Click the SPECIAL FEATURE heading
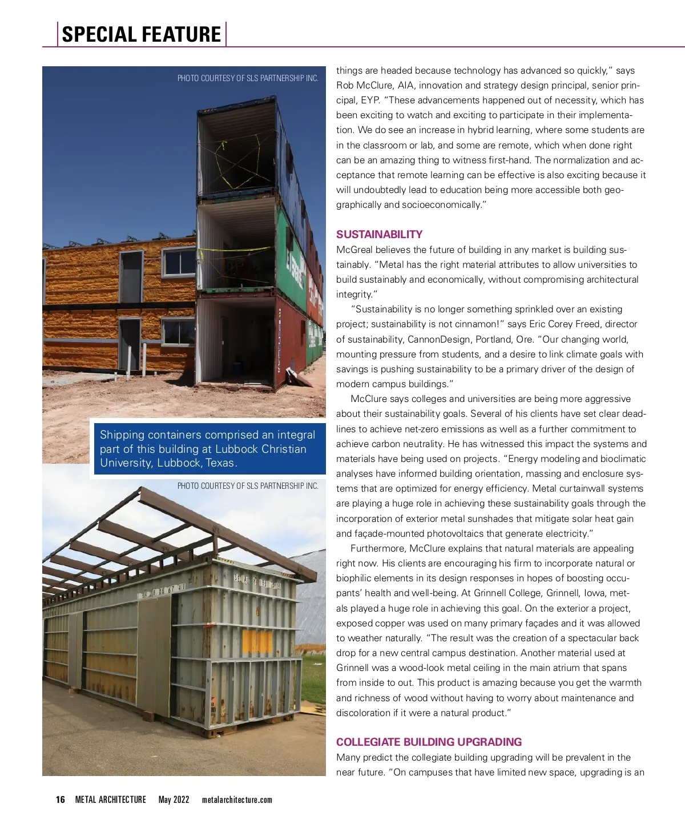141,34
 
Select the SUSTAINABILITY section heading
379,234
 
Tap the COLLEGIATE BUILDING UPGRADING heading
429,742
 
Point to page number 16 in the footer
61,799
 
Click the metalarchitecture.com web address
237,799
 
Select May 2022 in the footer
174,799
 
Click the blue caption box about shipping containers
208,449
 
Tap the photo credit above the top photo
248,78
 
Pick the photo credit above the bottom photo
248,486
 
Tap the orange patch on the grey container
256,642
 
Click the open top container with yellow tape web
237,154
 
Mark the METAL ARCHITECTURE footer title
110,799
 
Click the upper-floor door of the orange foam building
131,276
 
